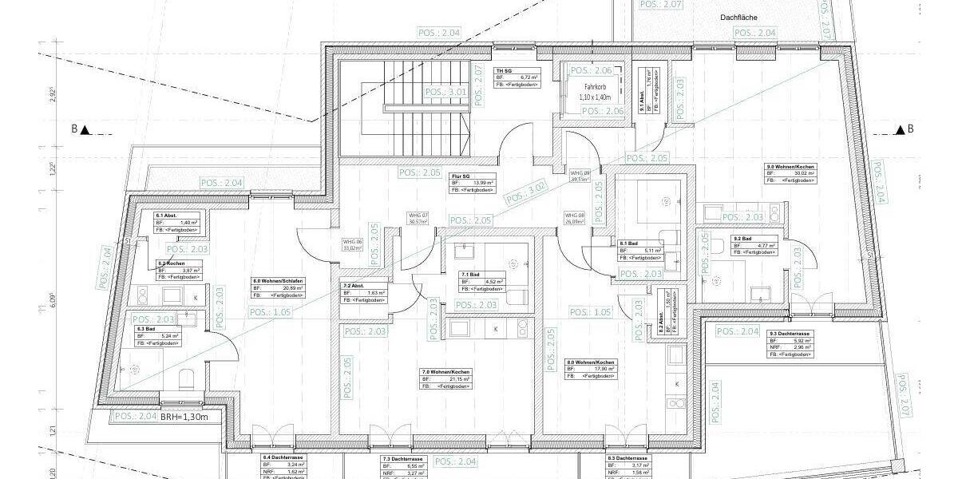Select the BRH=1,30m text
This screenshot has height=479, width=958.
[185, 416]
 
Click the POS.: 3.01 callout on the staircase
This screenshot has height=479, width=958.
[445, 93]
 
